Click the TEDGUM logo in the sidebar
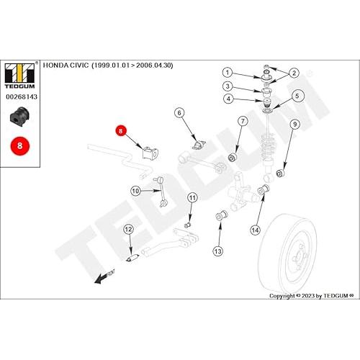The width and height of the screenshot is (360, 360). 20,76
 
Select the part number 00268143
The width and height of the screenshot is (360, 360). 22,96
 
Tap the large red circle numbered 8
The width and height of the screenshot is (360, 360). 19,145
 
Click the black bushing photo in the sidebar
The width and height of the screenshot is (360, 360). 19,117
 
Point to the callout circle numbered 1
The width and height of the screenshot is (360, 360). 228,72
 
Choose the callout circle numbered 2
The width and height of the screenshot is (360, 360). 294,73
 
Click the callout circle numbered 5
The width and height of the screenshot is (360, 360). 297,96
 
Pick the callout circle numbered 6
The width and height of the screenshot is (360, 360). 179,113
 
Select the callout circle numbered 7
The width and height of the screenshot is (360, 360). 243,121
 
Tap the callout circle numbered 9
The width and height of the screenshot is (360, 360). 295,124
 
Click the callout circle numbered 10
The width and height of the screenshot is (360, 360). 135,191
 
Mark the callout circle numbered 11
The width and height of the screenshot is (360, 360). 192,198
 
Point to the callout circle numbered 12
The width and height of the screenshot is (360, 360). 128,230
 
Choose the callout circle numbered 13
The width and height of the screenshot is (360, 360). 218,251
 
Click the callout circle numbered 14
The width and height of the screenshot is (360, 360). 255,230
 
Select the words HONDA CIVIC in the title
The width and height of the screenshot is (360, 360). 66,66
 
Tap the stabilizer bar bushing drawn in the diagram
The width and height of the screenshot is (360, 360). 150,153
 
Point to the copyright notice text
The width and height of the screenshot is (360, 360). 312,296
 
